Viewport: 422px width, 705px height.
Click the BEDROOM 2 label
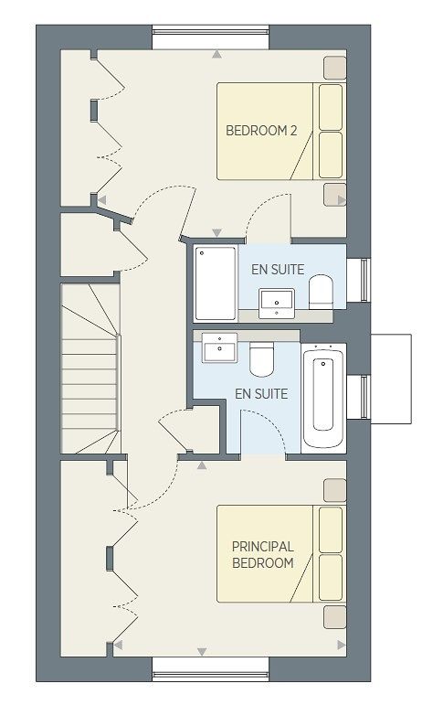261,131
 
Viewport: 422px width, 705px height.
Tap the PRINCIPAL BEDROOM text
263,555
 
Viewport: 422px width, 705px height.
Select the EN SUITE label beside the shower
278,270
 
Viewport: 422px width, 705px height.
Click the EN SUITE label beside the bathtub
261,394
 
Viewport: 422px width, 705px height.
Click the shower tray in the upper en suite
216,283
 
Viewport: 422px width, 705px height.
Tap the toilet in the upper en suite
321,292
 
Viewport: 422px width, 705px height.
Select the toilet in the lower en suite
262,359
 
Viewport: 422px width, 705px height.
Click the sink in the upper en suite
277,304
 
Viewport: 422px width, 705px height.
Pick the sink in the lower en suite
219,347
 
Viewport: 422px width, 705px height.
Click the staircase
90,369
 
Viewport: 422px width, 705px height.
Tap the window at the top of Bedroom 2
211,37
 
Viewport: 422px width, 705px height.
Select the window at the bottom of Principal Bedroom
211,669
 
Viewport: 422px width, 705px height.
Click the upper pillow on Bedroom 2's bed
331,108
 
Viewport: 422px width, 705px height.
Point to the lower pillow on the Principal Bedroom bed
331,577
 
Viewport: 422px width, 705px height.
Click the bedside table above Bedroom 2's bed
335,68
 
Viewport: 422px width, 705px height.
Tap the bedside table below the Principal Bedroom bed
335,617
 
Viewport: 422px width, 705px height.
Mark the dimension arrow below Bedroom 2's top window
217,54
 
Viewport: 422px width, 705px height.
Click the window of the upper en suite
359,280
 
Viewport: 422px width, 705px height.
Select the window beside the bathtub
359,397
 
